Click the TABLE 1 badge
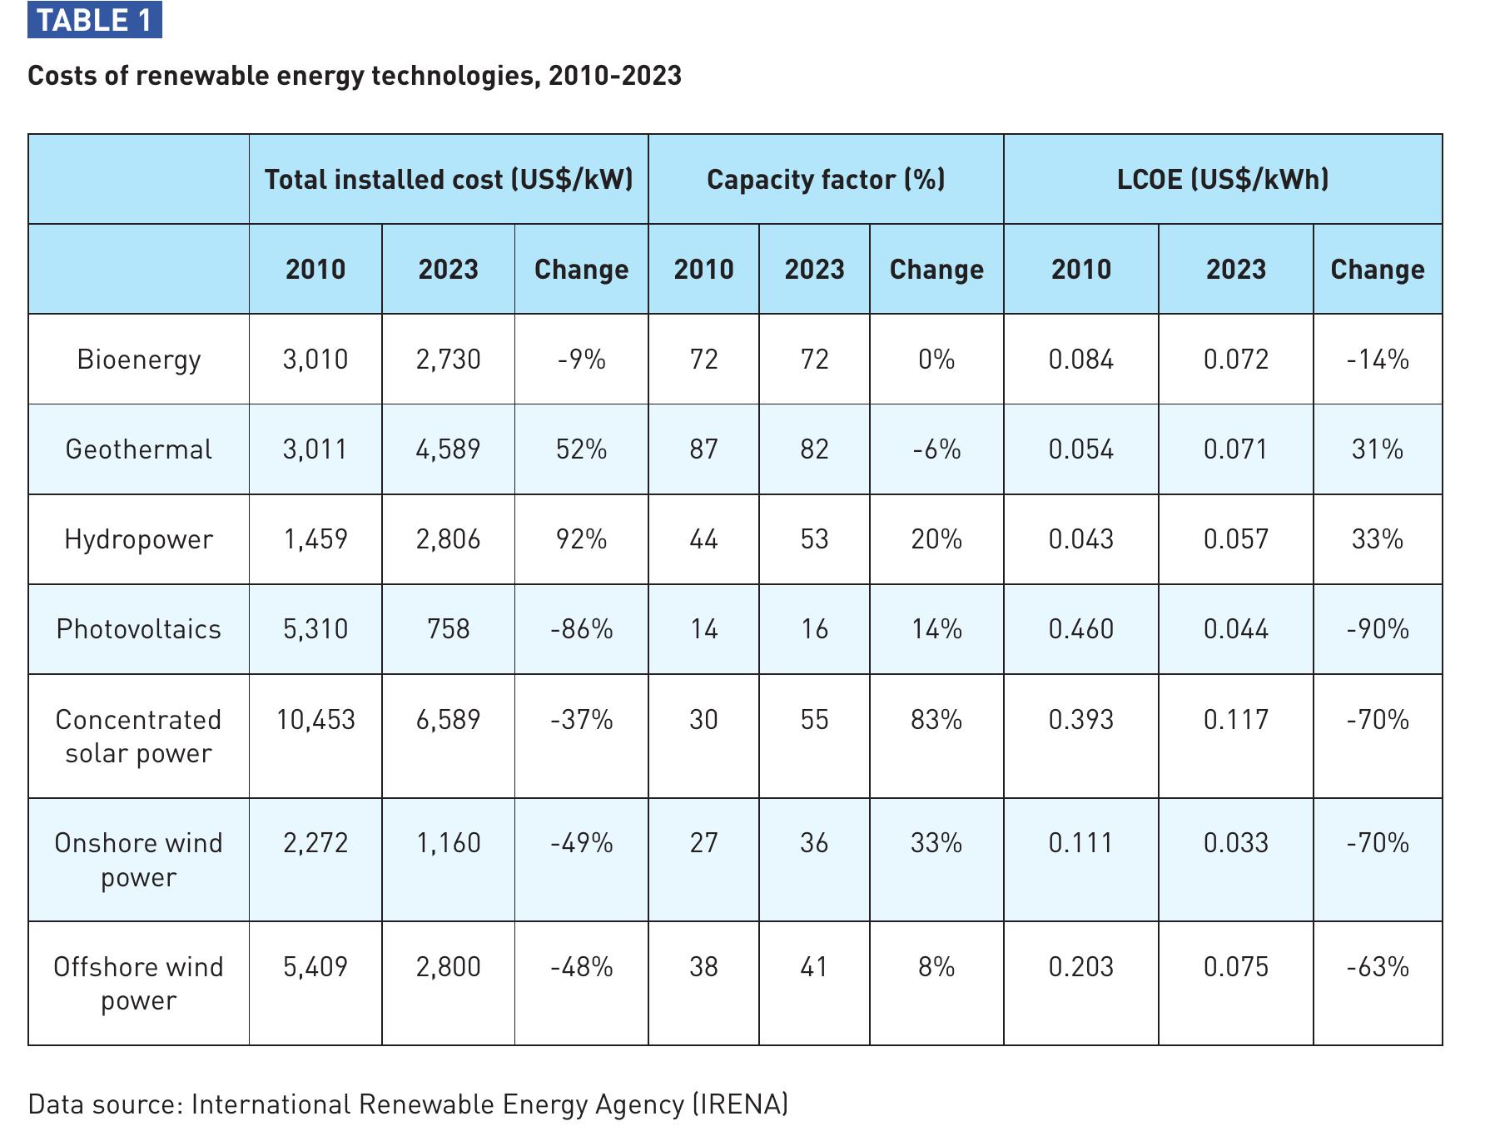95,20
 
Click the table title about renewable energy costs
355,76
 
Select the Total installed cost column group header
449,179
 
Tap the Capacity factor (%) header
826,179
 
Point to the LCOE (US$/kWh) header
1223,179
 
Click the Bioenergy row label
139,360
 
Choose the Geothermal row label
139,449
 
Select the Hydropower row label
139,539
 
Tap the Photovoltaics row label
139,629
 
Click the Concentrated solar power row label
139,737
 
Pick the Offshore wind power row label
139,984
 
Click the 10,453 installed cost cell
315,720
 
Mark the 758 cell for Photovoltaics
449,629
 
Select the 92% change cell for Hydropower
582,539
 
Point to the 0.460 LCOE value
1081,629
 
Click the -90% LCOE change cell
1378,629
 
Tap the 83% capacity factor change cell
936,720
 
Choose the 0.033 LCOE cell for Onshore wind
1236,843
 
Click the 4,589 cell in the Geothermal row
449,449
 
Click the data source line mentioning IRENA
408,1104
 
